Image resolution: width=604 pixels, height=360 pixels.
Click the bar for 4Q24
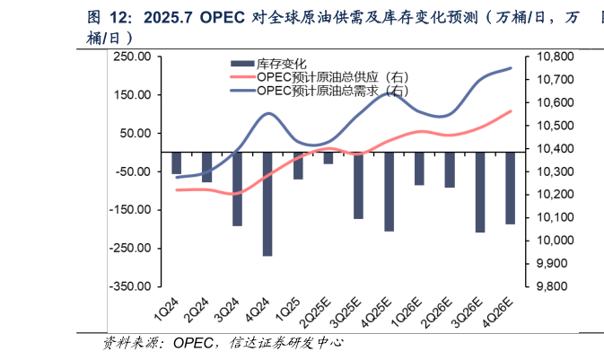(x=267, y=204)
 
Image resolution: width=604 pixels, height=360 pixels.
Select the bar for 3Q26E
(x=480, y=192)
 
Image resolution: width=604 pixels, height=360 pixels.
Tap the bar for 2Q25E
(x=328, y=158)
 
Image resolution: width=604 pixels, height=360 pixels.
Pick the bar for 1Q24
(x=177, y=162)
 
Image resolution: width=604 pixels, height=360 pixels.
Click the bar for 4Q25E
(x=389, y=191)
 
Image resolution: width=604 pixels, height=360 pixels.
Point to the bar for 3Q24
(x=237, y=189)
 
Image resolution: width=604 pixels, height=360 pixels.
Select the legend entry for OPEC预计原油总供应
(x=332, y=76)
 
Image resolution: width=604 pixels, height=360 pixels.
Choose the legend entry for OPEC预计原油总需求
(x=332, y=90)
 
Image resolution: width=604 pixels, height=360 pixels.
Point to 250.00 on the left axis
(x=132, y=57)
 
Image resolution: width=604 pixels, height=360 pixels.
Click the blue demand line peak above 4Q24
(x=268, y=113)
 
